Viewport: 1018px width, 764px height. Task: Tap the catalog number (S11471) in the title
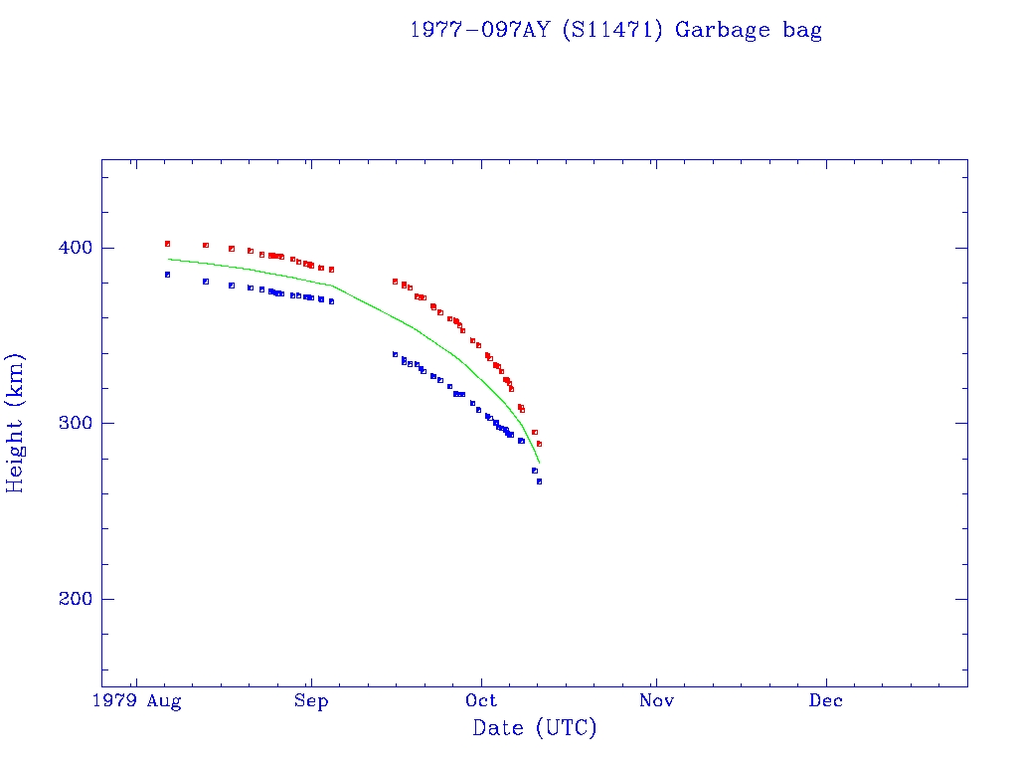pyautogui.click(x=612, y=30)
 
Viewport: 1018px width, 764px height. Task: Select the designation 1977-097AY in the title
pyautogui.click(x=481, y=30)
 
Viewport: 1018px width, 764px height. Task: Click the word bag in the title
pyautogui.click(x=801, y=31)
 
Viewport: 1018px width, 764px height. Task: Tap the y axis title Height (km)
pyautogui.click(x=16, y=423)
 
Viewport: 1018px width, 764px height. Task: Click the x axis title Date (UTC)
pyautogui.click(x=535, y=729)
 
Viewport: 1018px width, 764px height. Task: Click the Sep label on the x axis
pyautogui.click(x=311, y=701)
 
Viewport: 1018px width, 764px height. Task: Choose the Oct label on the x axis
pyautogui.click(x=482, y=701)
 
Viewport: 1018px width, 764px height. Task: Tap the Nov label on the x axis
pyautogui.click(x=656, y=701)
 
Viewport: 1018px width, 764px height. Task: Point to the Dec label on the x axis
pyautogui.click(x=826, y=701)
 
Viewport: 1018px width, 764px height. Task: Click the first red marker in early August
pyautogui.click(x=167, y=243)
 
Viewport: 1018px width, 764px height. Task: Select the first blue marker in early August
pyautogui.click(x=167, y=274)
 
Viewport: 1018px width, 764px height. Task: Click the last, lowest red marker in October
pyautogui.click(x=539, y=443)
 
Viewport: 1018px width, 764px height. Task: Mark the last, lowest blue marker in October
pyautogui.click(x=539, y=480)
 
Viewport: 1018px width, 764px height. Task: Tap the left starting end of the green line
pyautogui.click(x=169, y=259)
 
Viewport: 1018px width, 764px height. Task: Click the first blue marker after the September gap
pyautogui.click(x=395, y=354)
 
